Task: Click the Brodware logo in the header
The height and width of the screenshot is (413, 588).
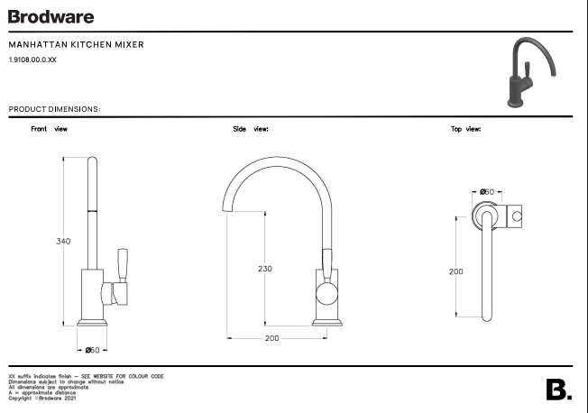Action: (51, 16)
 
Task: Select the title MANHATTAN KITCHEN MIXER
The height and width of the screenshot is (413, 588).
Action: (76, 45)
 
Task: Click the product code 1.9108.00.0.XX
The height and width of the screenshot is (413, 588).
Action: (32, 60)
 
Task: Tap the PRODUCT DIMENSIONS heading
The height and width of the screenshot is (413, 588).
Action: (54, 109)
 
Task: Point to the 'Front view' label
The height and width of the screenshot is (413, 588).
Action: (49, 129)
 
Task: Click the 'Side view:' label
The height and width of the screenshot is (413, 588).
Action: (251, 129)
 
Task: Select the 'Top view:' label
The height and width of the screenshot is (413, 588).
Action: (465, 129)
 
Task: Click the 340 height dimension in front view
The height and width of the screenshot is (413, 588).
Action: (63, 242)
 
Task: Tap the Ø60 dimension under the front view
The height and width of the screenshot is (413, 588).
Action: (93, 349)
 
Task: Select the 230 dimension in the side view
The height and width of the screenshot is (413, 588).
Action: (264, 269)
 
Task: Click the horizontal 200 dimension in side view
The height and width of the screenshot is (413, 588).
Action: (272, 338)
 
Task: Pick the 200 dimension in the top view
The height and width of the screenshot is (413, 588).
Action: (456, 271)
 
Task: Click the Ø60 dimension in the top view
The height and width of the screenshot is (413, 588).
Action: (486, 192)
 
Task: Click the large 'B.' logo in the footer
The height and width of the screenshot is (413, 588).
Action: (559, 390)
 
